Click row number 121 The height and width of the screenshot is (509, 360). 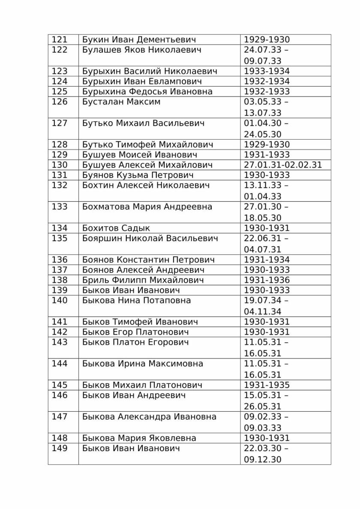click(60, 40)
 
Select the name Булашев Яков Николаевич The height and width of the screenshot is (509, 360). click(141, 50)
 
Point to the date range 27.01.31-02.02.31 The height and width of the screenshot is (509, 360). click(282, 165)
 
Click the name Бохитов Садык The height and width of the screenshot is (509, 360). click(116, 228)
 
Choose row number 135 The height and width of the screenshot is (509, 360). click(60, 239)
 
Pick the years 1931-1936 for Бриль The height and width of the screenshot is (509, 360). click(267, 280)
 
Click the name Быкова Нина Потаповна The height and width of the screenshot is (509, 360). click(136, 301)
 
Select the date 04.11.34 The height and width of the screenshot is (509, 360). click(262, 311)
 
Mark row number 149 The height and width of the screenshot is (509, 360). click(60, 449)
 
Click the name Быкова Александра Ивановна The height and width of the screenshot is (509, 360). click(149, 417)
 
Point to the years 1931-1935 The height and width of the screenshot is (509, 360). click(267, 385)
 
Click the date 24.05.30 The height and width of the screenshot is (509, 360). click(262, 134)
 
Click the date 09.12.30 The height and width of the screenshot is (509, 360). click(262, 459)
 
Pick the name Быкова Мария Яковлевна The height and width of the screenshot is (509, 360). click(139, 438)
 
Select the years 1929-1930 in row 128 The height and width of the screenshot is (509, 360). click(267, 144)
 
